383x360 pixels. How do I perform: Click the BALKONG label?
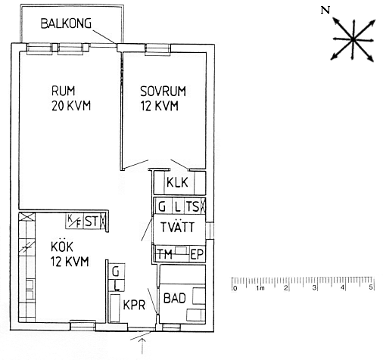66,23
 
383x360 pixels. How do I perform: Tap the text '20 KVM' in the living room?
71,106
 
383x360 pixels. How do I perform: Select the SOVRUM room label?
163,92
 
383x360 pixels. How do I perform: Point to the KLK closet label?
177,182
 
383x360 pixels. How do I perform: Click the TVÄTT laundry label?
178,227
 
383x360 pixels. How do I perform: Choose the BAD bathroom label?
175,298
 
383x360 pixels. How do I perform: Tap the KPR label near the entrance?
134,305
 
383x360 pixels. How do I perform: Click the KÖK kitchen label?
62,247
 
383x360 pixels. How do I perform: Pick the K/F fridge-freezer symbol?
74,222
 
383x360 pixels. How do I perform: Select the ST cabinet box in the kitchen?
92,222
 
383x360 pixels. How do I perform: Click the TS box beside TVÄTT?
193,206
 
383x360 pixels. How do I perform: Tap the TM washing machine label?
165,254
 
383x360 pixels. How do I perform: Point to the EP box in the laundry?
197,254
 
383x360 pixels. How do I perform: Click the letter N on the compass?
325,11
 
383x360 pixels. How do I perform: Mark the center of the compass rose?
353,39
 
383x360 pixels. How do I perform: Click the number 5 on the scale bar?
371,287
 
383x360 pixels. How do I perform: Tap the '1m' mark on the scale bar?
260,288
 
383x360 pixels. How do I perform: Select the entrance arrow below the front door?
142,346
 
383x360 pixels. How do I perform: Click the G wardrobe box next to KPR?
117,272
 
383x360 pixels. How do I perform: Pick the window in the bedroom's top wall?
157,49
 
